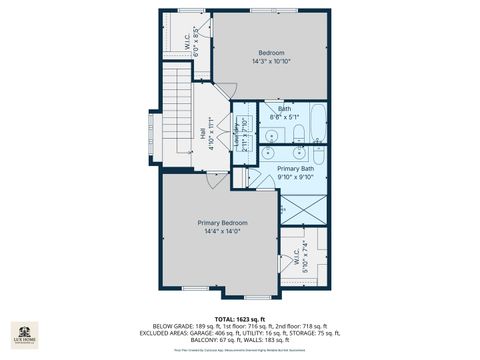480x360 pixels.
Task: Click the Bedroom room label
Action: [x=271, y=52]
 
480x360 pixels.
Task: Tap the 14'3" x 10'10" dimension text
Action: [x=271, y=61]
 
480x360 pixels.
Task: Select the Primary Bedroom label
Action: [x=222, y=222]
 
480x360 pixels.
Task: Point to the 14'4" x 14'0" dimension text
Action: [x=222, y=231]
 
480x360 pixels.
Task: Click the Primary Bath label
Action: [x=294, y=169]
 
